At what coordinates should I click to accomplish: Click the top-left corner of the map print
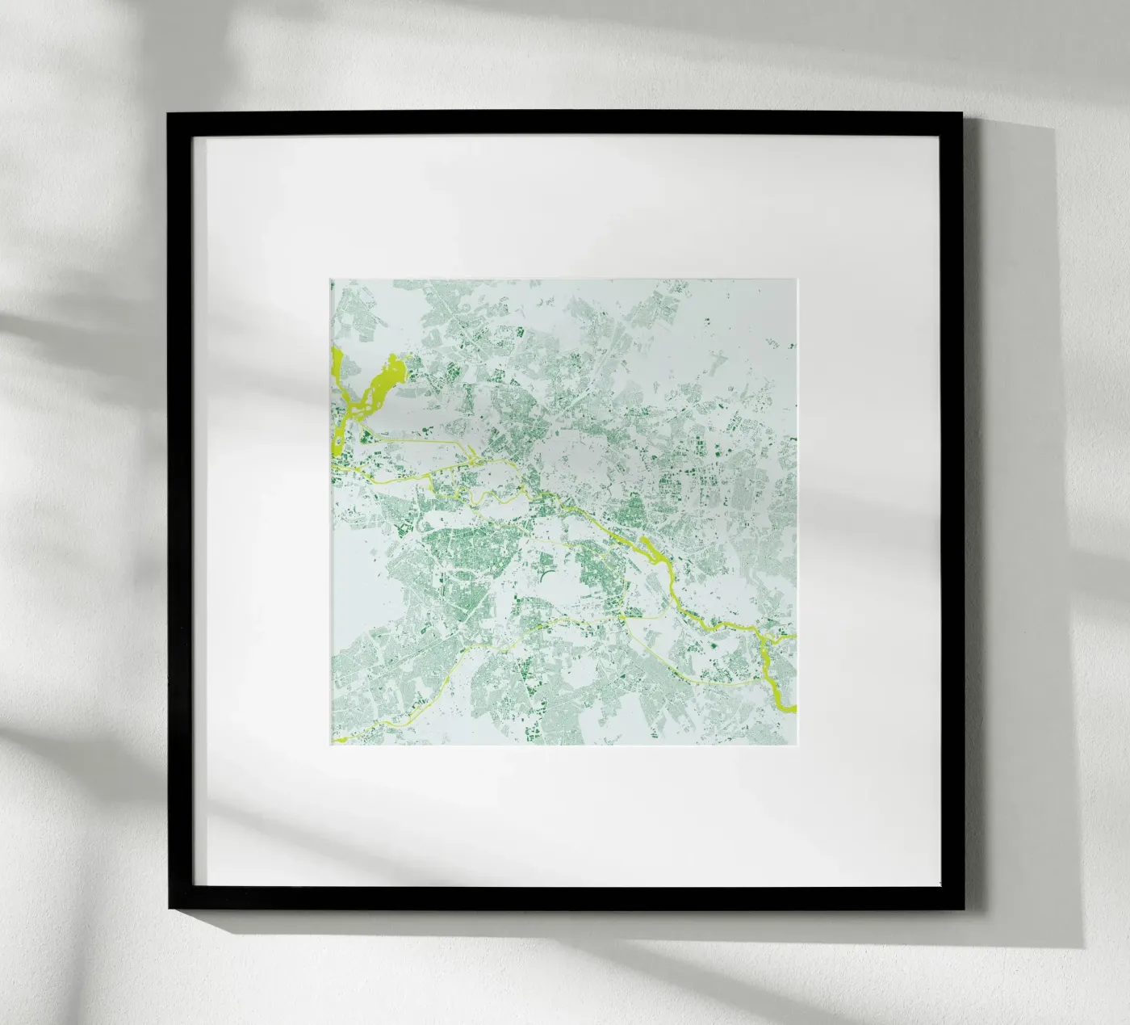point(331,280)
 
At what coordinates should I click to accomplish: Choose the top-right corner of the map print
point(797,280)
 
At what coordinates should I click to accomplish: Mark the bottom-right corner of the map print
point(797,746)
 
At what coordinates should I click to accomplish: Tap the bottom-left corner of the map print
point(331,746)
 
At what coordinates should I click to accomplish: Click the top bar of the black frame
point(565,123)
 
